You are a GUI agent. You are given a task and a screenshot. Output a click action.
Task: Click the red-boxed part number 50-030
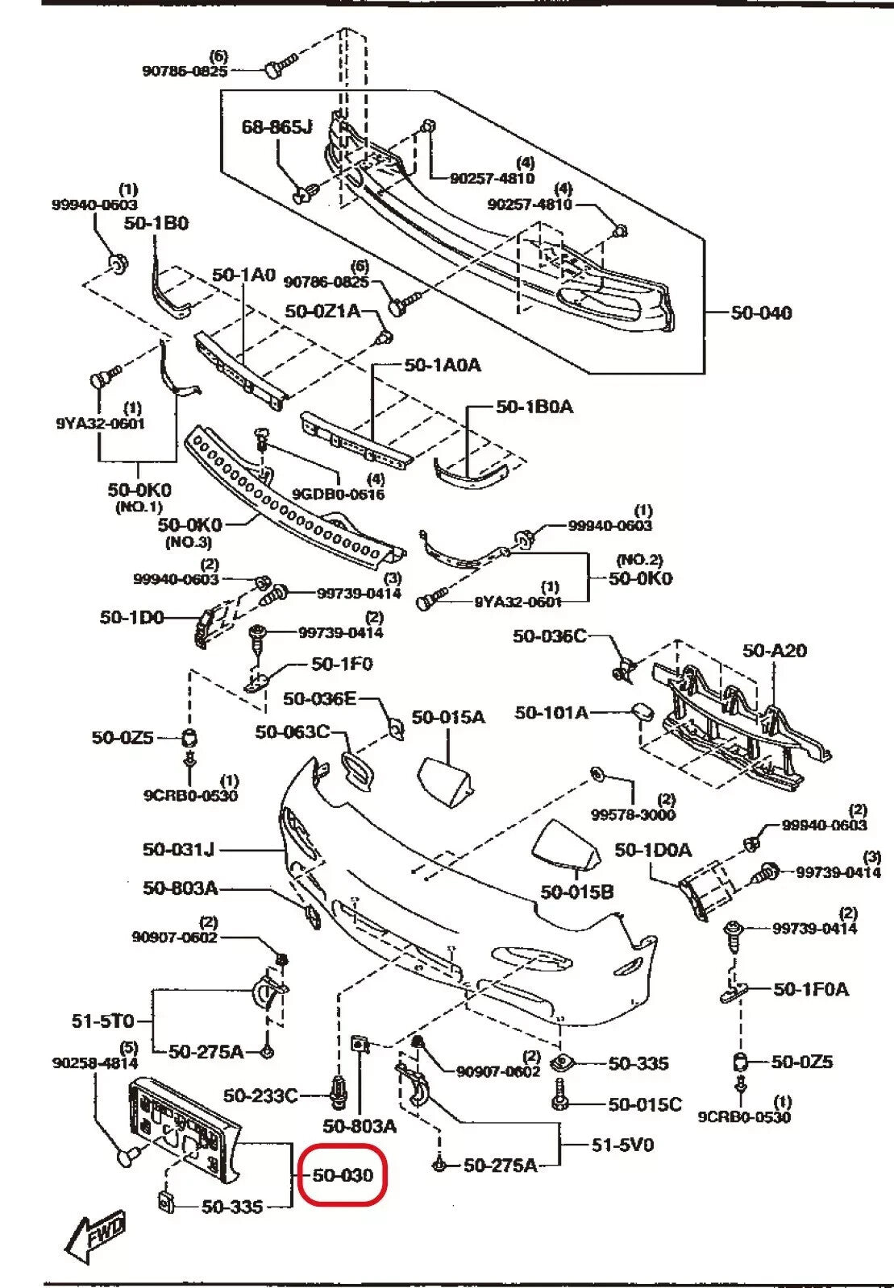pos(343,1176)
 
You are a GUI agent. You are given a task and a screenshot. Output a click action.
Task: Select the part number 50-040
pos(761,313)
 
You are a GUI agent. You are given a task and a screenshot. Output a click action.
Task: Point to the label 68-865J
pos(277,126)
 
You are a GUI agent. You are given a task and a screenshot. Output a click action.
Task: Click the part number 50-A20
pos(774,650)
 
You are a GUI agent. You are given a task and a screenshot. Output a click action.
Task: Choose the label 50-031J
pos(179,849)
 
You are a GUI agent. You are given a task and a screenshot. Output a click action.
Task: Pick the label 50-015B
pos(577,892)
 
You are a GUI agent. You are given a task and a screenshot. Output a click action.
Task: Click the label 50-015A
pos(448,717)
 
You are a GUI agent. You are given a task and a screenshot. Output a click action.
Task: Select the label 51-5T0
pos(102,1021)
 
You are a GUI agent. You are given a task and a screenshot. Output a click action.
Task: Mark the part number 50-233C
pos(260,1095)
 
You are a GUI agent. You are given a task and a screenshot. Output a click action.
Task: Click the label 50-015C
pos(645,1104)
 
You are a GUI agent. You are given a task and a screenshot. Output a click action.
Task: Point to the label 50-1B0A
pos(534,407)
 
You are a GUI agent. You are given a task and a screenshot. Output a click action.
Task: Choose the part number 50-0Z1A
pos(322,311)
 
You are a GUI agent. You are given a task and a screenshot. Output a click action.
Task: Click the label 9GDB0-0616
pos(338,494)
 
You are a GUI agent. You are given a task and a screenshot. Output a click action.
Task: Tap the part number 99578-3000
pos(632,814)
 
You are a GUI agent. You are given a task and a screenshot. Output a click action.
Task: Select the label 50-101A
pos(551,712)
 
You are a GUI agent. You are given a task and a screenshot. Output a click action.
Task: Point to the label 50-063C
pos(293,731)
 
